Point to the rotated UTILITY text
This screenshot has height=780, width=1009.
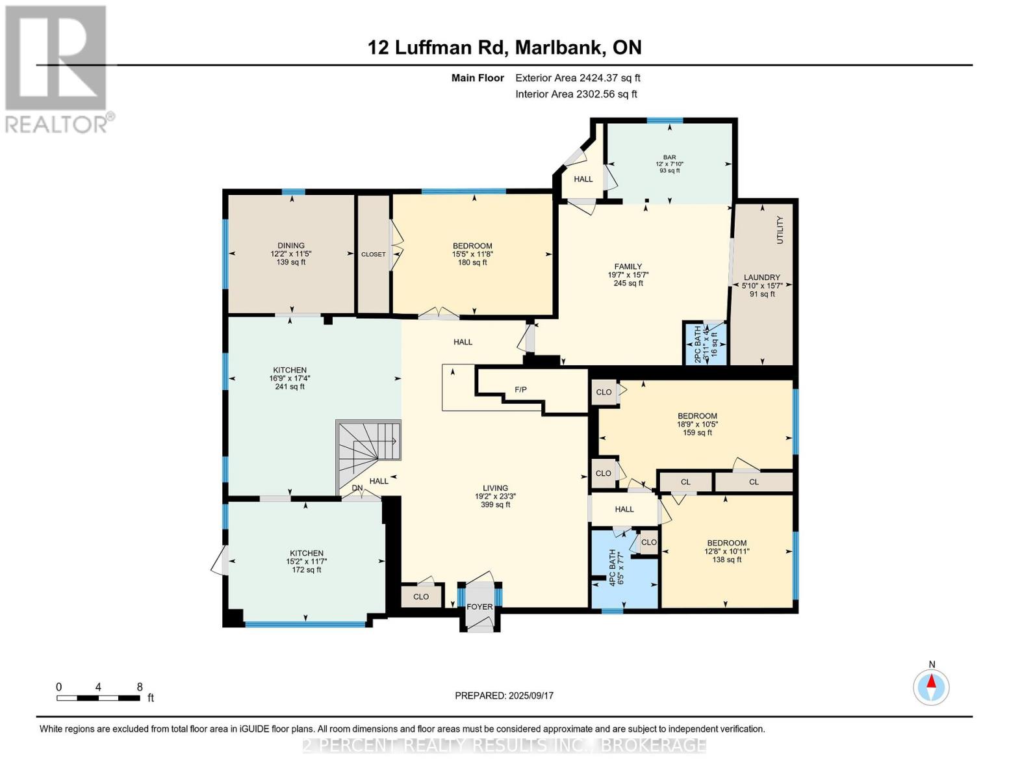pos(780,229)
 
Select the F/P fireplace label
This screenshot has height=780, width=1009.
pos(520,389)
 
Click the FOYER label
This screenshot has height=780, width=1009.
pos(479,606)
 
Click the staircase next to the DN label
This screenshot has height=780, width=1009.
pos(368,448)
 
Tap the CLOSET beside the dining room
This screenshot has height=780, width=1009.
pos(373,254)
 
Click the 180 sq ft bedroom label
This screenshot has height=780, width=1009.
pos(472,254)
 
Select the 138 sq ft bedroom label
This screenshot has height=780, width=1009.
pos(726,551)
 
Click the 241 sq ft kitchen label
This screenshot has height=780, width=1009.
pos(289,378)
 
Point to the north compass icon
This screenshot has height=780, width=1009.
pos(931,686)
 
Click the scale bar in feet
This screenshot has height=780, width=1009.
pos(98,698)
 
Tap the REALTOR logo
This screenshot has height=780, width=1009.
pos(57,69)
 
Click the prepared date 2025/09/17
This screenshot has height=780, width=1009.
pos(504,695)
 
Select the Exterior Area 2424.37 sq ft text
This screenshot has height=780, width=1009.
pos(578,78)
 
